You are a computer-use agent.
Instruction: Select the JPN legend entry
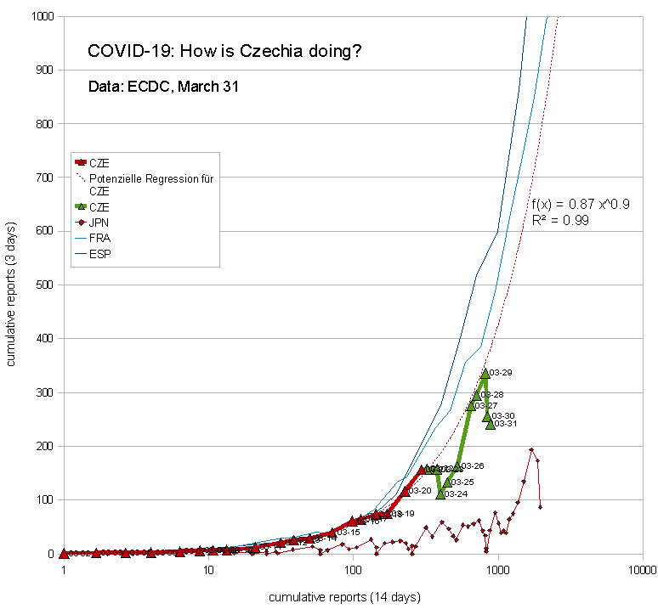point(100,223)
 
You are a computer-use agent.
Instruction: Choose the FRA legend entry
point(100,238)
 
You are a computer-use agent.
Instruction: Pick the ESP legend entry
point(100,253)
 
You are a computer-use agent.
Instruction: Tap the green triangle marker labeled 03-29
point(485,373)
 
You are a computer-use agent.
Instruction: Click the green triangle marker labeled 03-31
point(491,424)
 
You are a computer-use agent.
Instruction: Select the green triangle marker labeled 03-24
point(440,493)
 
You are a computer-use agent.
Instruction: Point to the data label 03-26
point(472,466)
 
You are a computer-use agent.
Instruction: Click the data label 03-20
point(420,491)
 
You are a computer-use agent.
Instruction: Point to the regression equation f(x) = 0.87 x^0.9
point(581,205)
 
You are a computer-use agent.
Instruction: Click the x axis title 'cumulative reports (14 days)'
point(344,597)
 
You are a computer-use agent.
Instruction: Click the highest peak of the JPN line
point(531,450)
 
